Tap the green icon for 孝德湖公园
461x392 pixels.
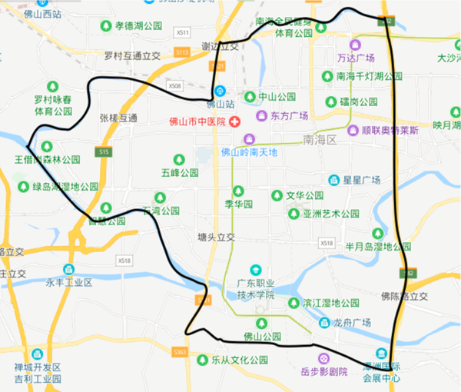tap(107, 26)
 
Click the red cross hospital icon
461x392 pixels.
tap(234, 122)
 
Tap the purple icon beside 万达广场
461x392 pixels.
tap(354, 45)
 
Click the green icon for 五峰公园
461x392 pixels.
tap(178, 160)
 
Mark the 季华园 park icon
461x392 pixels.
tap(238, 191)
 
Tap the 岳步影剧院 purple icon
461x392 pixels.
tap(323, 358)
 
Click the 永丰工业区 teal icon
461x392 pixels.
tap(69, 269)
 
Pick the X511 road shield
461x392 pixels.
tap(182, 33)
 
